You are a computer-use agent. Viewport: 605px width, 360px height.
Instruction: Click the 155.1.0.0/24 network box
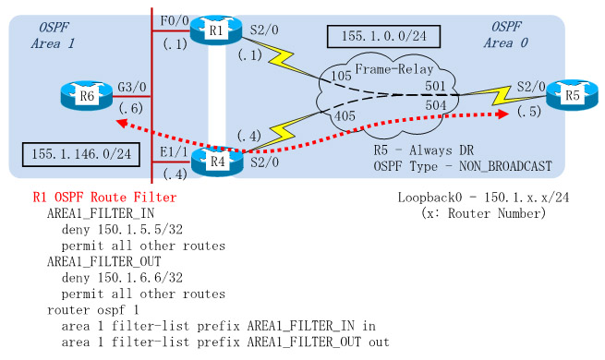click(383, 38)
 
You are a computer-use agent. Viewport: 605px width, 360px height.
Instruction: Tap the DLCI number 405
click(345, 117)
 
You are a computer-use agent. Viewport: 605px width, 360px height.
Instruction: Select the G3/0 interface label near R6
click(129, 89)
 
